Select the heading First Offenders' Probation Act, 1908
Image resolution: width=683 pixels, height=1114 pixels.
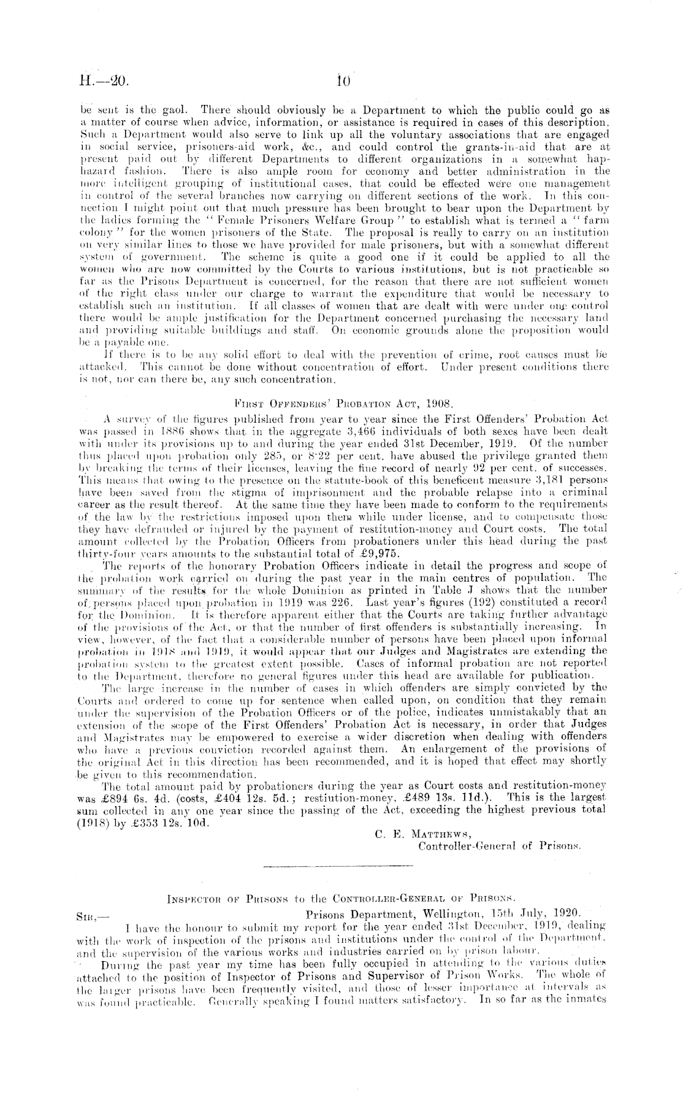pyautogui.click(x=343, y=404)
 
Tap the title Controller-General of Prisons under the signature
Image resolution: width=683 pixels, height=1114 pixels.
pyautogui.click(x=500, y=847)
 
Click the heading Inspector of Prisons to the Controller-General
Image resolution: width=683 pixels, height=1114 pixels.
pyautogui.click(x=343, y=898)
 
